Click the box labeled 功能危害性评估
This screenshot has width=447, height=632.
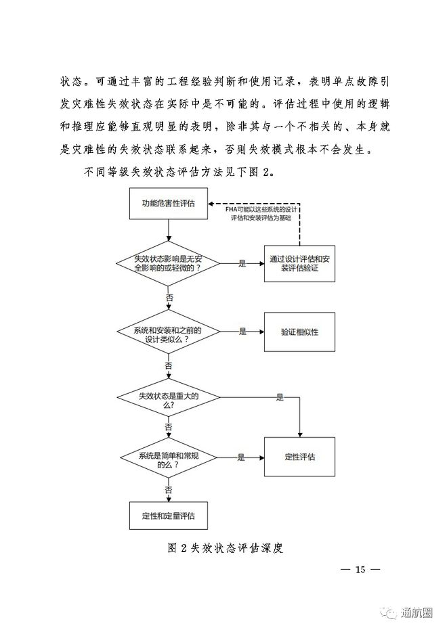(168, 204)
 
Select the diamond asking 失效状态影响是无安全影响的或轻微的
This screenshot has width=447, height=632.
(168, 264)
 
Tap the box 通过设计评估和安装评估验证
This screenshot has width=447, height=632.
(299, 264)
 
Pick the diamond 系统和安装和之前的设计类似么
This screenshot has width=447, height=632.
(168, 332)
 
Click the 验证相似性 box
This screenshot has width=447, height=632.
(299, 332)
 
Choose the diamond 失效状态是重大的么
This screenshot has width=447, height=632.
(168, 397)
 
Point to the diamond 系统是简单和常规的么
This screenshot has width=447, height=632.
(168, 457)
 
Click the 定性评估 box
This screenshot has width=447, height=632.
(299, 457)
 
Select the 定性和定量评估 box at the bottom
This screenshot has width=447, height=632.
(168, 516)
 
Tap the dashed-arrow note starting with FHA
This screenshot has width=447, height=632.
(261, 214)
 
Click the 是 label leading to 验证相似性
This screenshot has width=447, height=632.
(242, 332)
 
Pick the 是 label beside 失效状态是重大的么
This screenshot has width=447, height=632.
(280, 397)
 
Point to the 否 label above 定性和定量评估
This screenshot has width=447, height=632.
(169, 490)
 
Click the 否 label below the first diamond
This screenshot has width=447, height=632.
(169, 298)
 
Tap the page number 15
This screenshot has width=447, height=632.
(360, 570)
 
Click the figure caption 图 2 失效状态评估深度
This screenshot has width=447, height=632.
(225, 548)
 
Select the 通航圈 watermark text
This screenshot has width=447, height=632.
(417, 612)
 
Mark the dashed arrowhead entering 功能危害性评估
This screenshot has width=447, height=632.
(211, 204)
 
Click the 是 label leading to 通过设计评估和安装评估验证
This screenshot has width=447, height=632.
(242, 264)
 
